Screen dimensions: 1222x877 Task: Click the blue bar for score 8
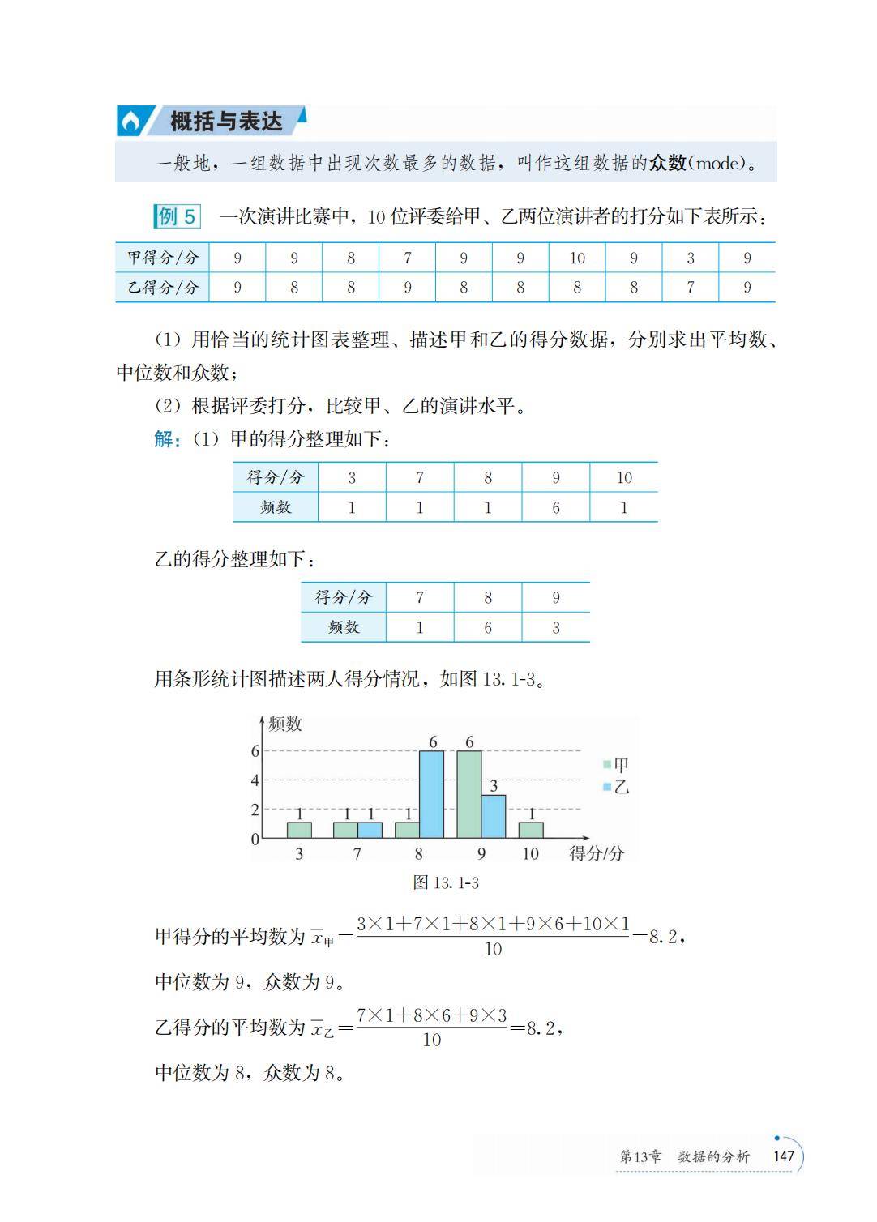click(431, 794)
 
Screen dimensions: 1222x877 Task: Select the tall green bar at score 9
click(468, 794)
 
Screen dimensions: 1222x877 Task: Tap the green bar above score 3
click(299, 830)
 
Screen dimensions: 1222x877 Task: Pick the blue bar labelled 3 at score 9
click(493, 816)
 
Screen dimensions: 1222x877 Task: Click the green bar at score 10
click(531, 830)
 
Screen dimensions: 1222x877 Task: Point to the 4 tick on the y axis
click(255, 780)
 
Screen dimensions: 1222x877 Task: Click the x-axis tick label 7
click(357, 854)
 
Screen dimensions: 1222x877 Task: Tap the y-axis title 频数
click(284, 724)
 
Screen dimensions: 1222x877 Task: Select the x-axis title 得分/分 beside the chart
click(597, 853)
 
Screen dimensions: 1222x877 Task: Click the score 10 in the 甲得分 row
click(576, 258)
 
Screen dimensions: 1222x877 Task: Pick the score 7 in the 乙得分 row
click(690, 288)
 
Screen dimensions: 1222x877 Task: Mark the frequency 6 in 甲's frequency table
click(555, 508)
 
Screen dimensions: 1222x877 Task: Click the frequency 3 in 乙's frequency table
click(555, 628)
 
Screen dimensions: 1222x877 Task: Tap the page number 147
click(783, 1156)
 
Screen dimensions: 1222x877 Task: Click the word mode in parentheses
click(718, 164)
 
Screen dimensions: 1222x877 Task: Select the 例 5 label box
click(177, 216)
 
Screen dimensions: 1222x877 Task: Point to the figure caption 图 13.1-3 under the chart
click(446, 882)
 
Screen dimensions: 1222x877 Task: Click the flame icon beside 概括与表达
click(130, 122)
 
